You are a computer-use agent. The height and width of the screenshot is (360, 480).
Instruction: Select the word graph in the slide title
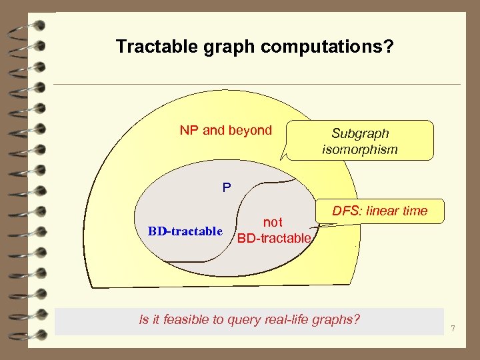[221, 47]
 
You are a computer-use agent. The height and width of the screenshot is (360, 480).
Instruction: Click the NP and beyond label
[225, 130]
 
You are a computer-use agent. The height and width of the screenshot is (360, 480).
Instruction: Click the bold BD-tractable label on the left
[185, 231]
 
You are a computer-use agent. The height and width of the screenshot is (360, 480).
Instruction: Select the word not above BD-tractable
[273, 223]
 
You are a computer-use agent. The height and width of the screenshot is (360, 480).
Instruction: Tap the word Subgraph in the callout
[360, 133]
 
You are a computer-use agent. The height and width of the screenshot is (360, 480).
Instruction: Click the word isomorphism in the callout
[360, 149]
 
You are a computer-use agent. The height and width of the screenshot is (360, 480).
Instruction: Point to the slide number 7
[453, 329]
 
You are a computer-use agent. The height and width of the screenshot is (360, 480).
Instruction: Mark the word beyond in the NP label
[250, 130]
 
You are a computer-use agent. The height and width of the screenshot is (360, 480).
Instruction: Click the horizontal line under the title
[257, 84]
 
